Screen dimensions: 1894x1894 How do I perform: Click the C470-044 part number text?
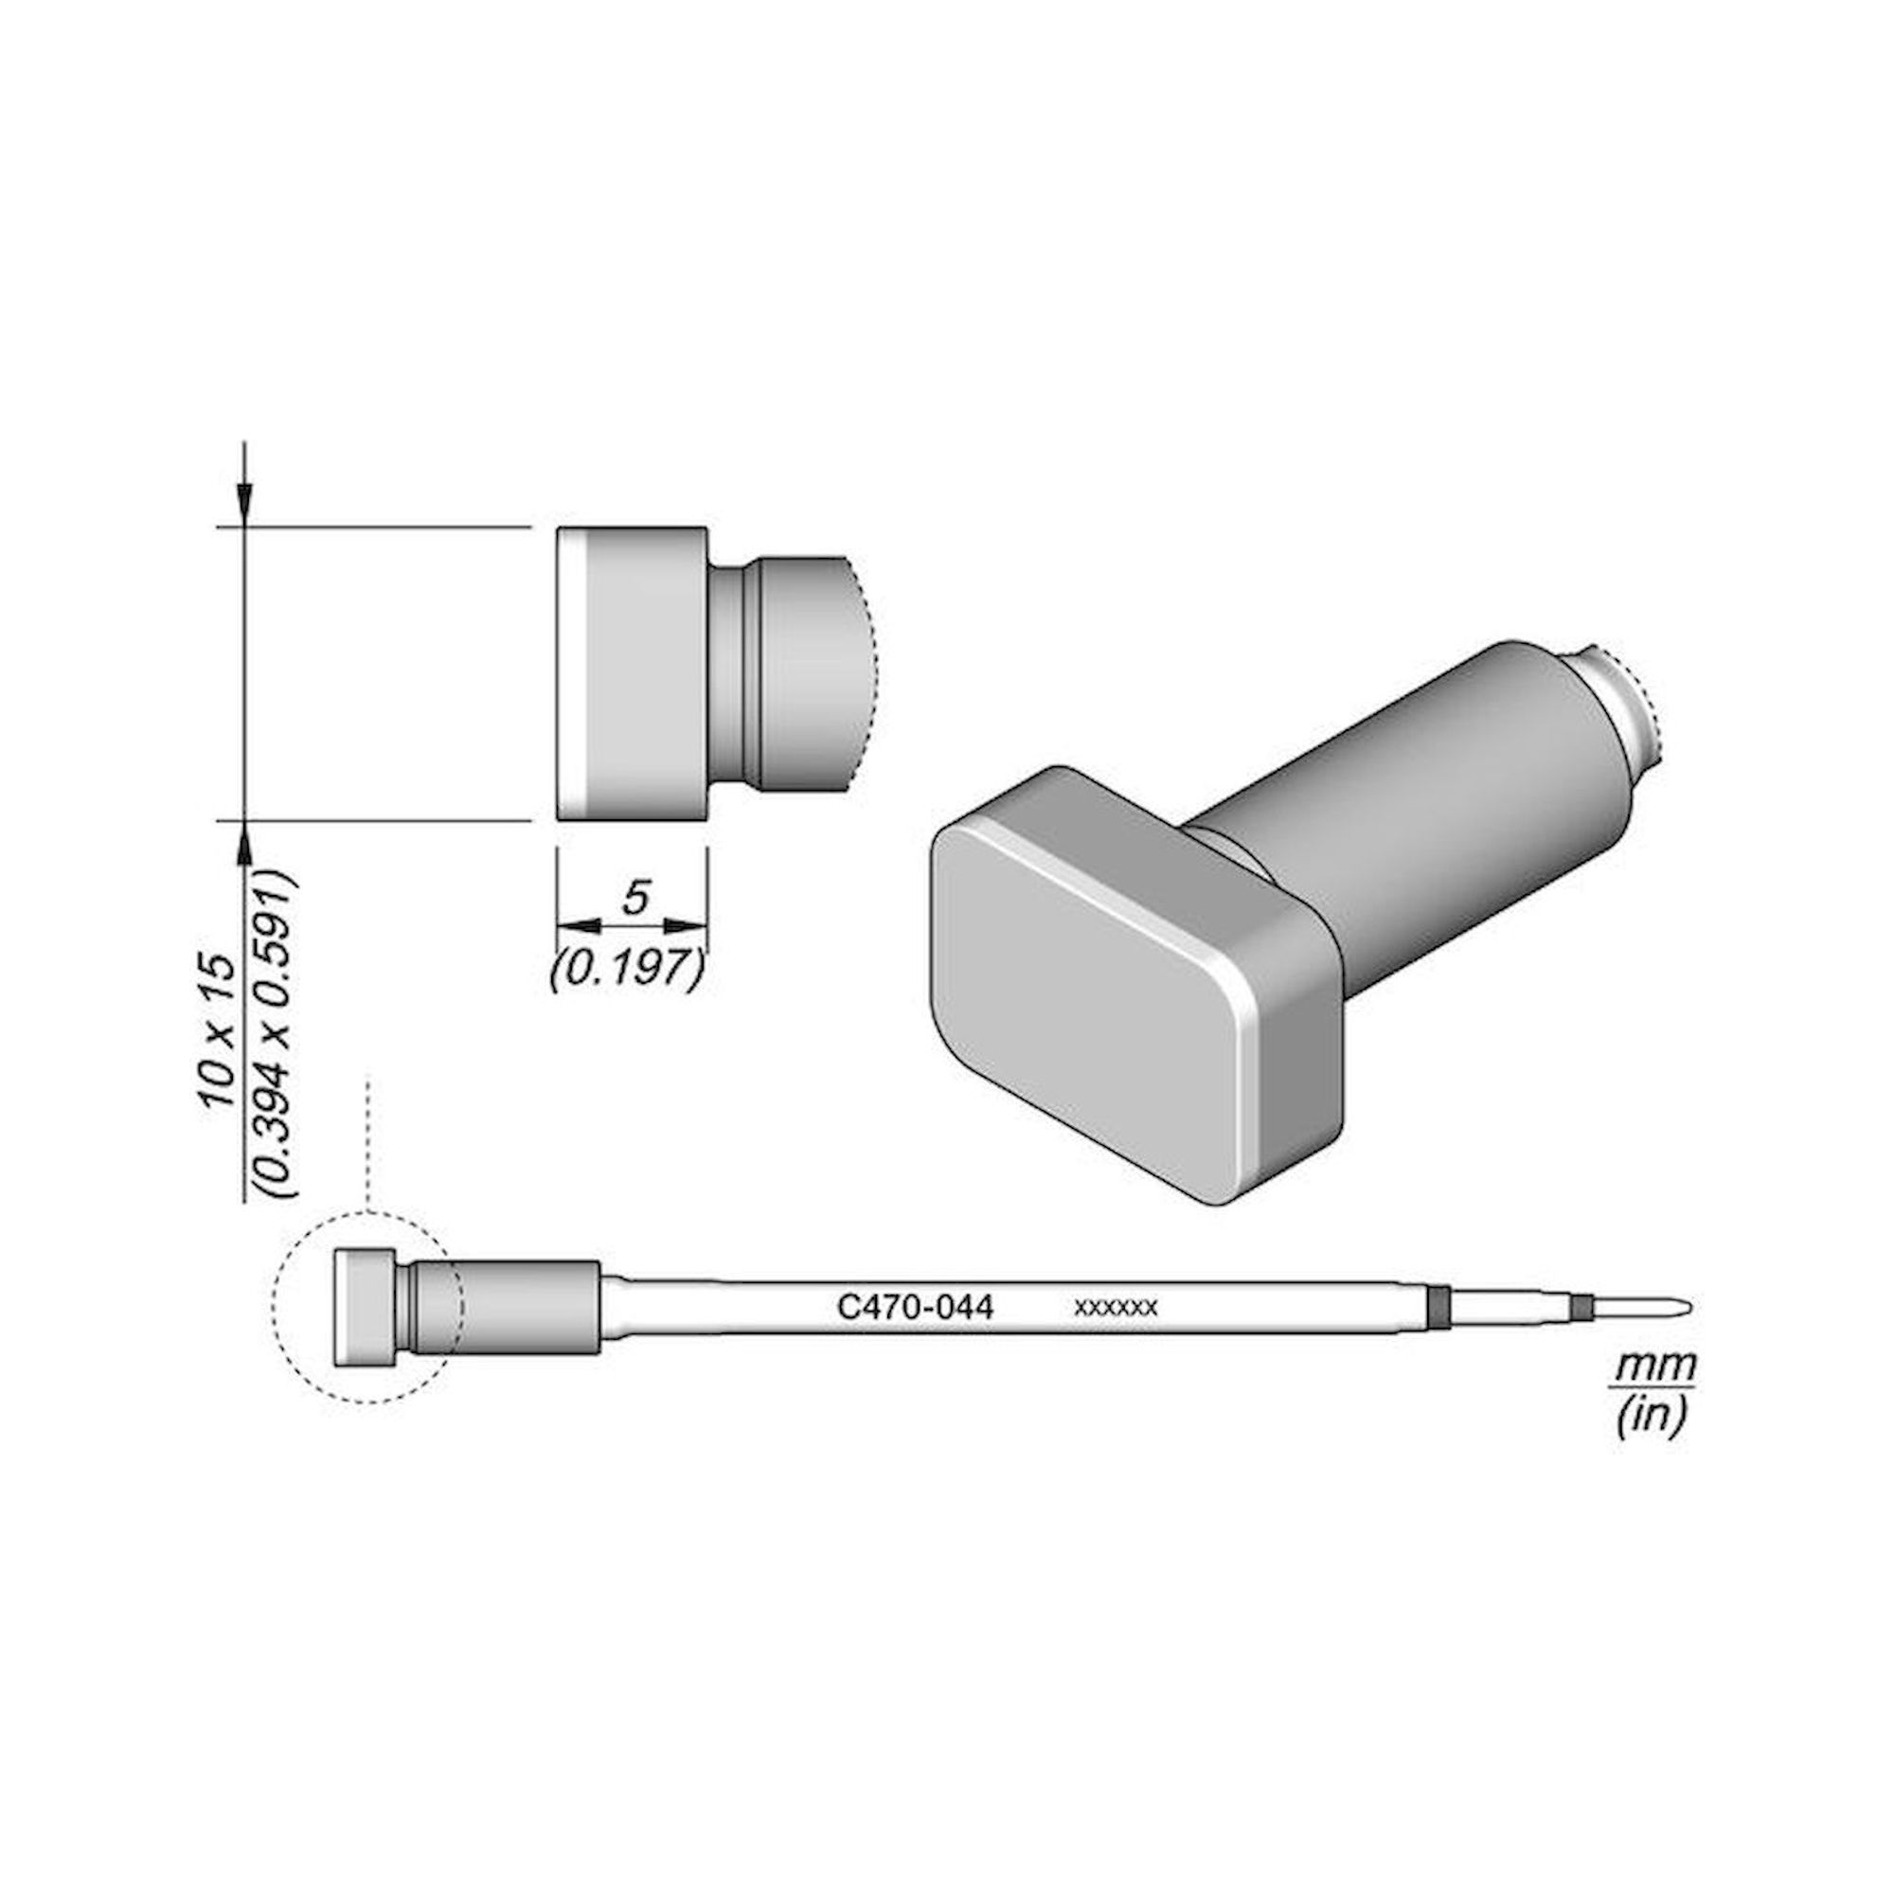pyautogui.click(x=915, y=1307)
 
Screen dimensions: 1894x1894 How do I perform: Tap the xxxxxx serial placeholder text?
pyautogui.click(x=1116, y=1308)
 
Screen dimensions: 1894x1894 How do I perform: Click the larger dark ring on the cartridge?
pyautogui.click(x=1438, y=1307)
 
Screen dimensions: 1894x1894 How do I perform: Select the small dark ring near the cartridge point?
pyautogui.click(x=1580, y=1306)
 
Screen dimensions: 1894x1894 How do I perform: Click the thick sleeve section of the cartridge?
pyautogui.click(x=529, y=1307)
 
